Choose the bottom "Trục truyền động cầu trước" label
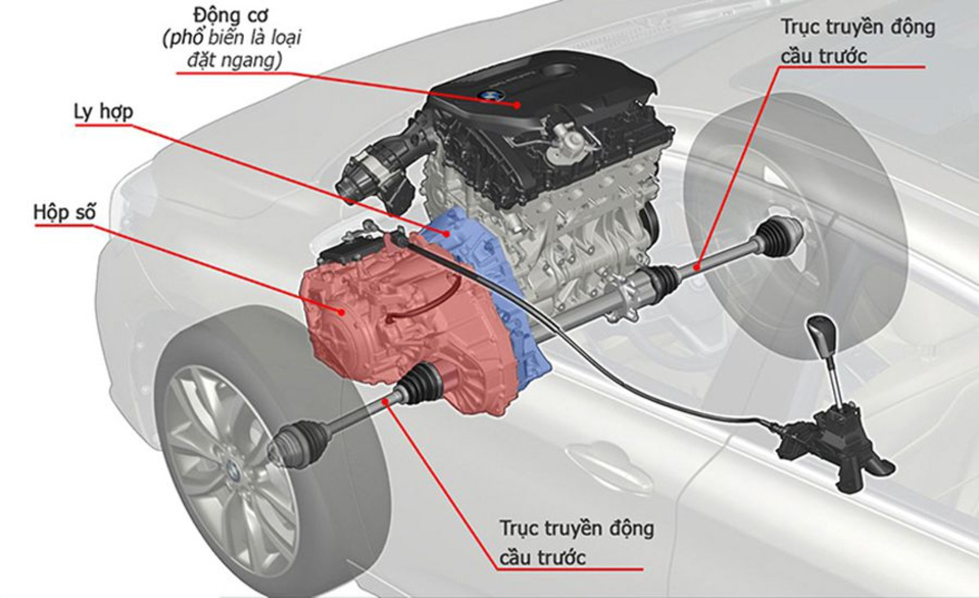(x=576, y=542)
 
